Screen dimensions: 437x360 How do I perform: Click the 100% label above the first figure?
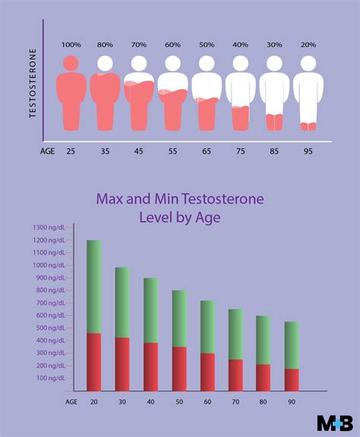[x=71, y=46]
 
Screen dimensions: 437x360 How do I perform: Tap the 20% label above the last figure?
[x=308, y=46]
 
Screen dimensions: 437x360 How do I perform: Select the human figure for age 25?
[x=71, y=95]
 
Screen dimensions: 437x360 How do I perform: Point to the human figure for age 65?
[x=206, y=95]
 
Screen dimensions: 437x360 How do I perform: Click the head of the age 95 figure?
[x=308, y=64]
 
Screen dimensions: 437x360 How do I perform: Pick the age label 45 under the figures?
[x=138, y=150]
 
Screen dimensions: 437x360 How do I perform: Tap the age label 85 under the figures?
[x=274, y=150]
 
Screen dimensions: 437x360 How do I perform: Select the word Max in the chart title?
[x=112, y=198]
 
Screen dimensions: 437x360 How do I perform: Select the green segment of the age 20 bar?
[x=94, y=287]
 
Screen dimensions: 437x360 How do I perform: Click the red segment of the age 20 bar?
[x=94, y=362]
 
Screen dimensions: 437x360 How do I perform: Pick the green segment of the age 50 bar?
[x=178, y=318]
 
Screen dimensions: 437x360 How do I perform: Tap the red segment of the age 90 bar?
[x=292, y=379]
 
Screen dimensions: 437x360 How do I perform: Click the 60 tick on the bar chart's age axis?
[x=207, y=402]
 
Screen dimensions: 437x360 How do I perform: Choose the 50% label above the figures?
[x=206, y=46]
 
